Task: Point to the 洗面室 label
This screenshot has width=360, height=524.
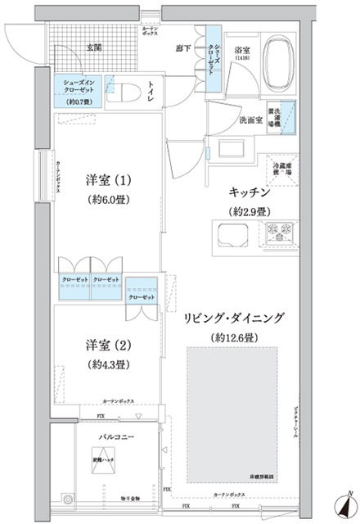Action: pyautogui.click(x=250, y=120)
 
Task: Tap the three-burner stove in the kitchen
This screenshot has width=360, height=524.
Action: pyautogui.click(x=287, y=232)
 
